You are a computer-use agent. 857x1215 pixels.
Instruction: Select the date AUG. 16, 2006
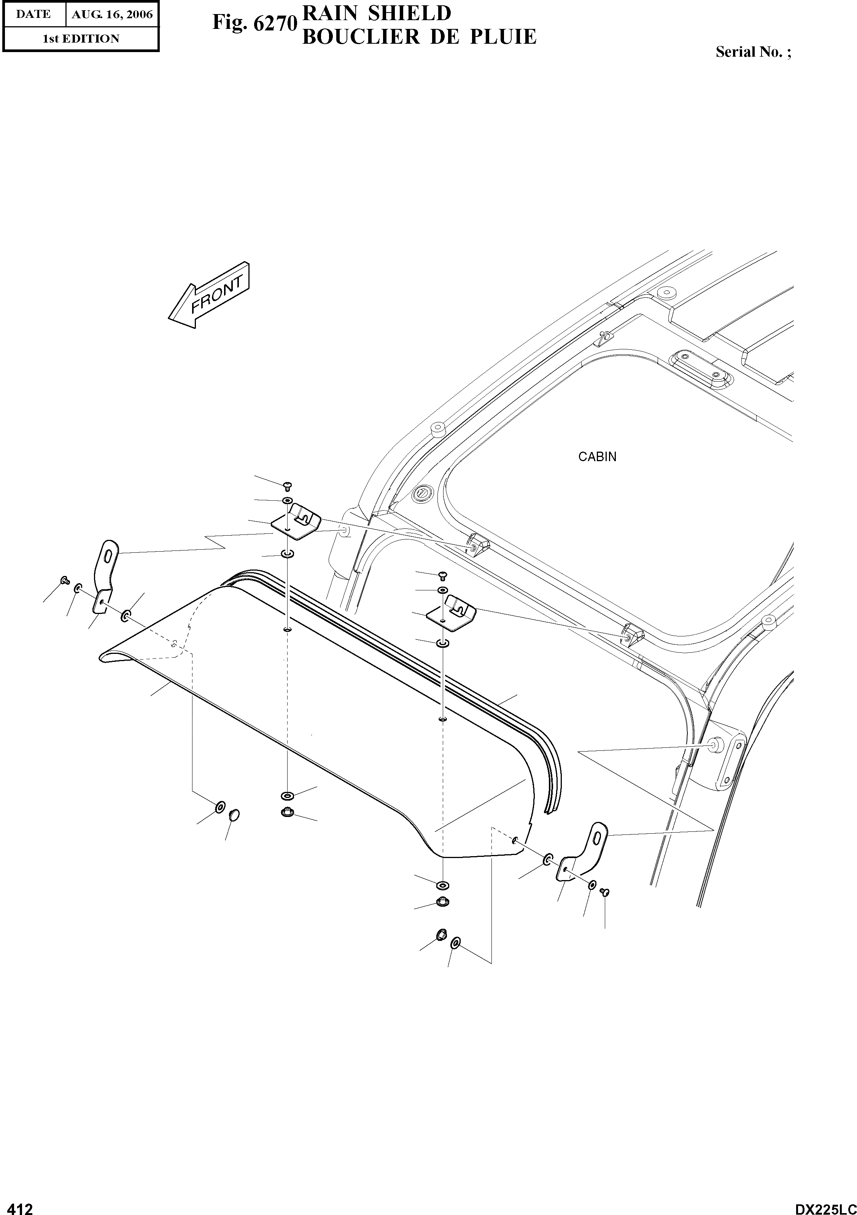112,15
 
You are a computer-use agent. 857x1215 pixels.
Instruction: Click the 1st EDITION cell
81,39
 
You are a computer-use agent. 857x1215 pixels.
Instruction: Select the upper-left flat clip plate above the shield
296,522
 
